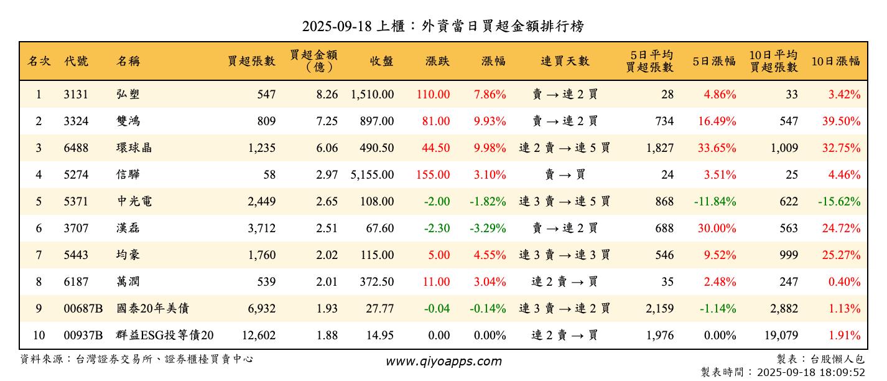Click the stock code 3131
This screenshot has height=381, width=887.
click(x=76, y=95)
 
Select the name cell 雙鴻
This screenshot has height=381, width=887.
click(x=128, y=121)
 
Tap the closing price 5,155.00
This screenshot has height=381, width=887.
click(x=372, y=175)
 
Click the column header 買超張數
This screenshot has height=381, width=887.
click(x=251, y=61)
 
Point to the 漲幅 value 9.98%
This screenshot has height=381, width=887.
click(x=490, y=148)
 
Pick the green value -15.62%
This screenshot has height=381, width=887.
click(x=839, y=202)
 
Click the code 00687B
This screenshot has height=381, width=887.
click(x=83, y=309)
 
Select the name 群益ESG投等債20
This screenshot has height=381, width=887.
click(x=165, y=336)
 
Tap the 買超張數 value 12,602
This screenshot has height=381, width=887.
click(x=259, y=336)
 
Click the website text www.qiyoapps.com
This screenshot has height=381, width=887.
click(x=443, y=361)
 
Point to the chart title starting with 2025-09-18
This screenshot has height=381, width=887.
click(x=443, y=26)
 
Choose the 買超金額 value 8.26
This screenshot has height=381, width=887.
click(x=327, y=95)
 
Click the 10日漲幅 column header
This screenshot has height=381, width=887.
click(x=835, y=61)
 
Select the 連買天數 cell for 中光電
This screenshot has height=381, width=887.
click(x=564, y=202)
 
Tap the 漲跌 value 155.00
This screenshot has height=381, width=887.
click(x=433, y=175)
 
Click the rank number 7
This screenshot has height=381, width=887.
click(x=39, y=255)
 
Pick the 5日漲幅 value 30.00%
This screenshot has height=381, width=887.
click(x=717, y=228)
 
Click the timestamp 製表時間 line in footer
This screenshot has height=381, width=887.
click(x=783, y=372)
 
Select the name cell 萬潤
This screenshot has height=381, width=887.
click(x=128, y=282)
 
